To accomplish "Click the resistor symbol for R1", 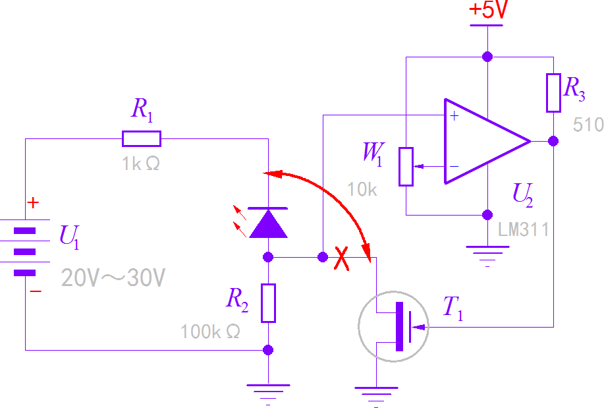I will (x=142, y=138).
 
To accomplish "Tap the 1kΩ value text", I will (x=140, y=164).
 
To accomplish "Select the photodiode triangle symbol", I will (x=268, y=223).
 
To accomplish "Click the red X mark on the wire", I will (x=341, y=258).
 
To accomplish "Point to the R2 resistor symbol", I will (x=268, y=303).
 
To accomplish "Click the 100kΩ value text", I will (x=211, y=332).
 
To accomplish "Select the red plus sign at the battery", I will (x=34, y=202).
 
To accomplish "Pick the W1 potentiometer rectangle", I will (x=406, y=166).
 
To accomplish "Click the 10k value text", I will (x=362, y=190).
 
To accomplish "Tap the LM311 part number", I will (x=524, y=230).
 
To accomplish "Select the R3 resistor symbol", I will (x=553, y=92).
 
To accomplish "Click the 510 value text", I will (x=588, y=125).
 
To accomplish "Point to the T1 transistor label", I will (x=453, y=308).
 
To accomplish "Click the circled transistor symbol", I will (x=393, y=327).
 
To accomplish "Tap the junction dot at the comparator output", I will (x=553, y=141).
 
